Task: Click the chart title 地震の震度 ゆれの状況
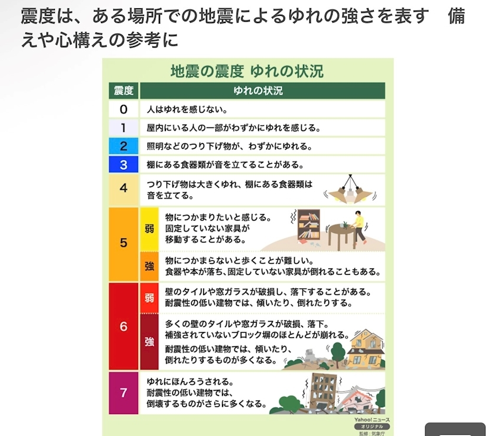(x=247, y=71)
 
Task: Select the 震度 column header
(x=123, y=91)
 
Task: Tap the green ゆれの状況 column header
(x=262, y=91)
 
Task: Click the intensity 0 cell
(x=123, y=109)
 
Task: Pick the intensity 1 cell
(x=123, y=127)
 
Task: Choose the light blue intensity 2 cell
(x=123, y=146)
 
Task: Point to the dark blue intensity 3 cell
(x=123, y=165)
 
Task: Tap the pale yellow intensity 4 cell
(x=123, y=189)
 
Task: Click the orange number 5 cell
(x=123, y=243)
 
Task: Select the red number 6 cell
(x=123, y=326)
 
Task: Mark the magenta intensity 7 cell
(x=123, y=393)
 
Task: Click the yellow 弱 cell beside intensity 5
(x=149, y=229)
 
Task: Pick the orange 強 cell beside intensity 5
(x=149, y=266)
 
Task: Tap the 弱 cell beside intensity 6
(x=149, y=298)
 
